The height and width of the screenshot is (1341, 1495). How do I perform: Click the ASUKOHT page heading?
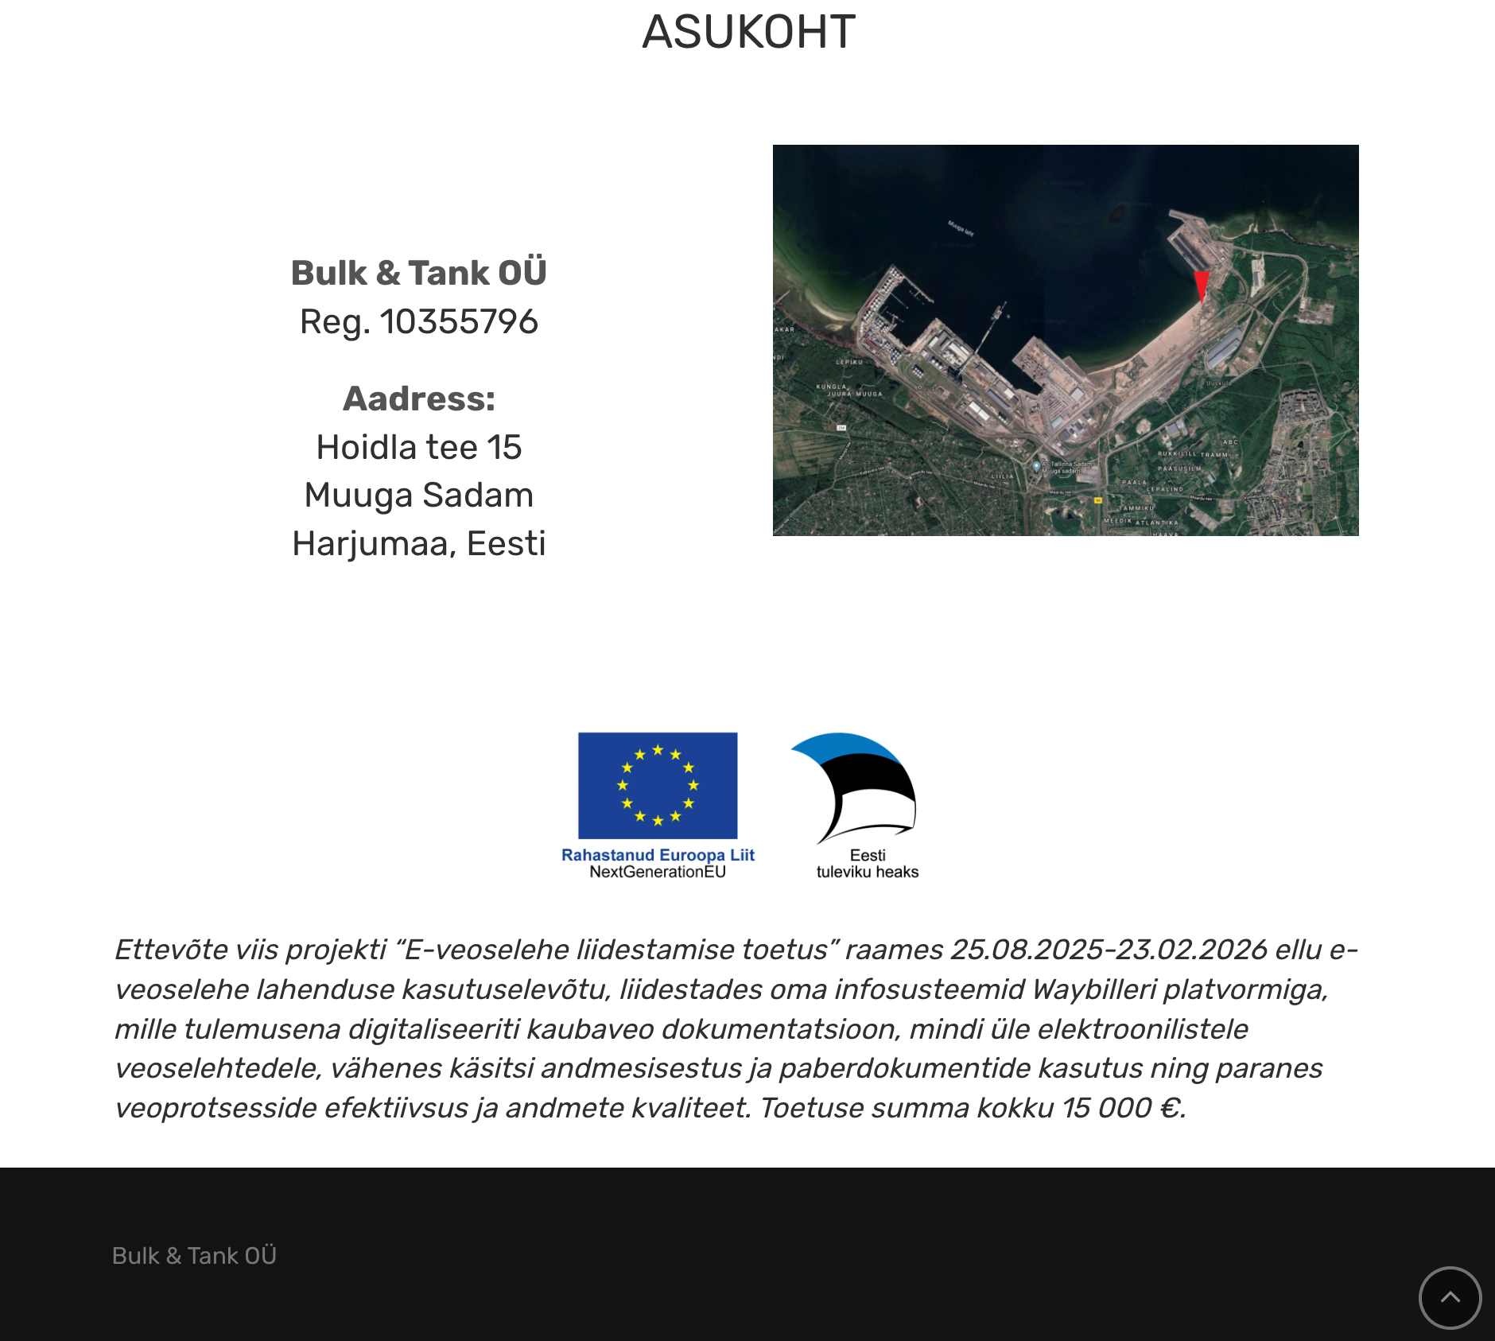pos(748,33)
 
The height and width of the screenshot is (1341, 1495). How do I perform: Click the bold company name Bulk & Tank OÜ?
pos(419,273)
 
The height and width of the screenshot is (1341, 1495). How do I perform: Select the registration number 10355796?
pos(459,322)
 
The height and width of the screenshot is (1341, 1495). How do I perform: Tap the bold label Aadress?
pos(419,399)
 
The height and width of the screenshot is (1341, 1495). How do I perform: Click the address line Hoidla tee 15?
pos(419,448)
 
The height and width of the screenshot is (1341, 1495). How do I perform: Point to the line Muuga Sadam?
pos(419,496)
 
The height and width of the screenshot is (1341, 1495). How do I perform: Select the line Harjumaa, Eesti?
pos(419,544)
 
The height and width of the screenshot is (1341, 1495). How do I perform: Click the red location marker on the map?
pos(1201,285)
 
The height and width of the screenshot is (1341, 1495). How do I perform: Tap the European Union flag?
pos(658,785)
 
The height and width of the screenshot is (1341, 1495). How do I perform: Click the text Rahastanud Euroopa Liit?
pos(658,855)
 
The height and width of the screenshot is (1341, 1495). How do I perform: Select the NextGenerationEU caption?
pos(658,873)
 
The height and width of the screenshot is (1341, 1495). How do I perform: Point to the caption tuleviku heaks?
pos(868,873)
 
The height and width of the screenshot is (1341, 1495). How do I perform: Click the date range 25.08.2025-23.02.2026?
pos(1109,950)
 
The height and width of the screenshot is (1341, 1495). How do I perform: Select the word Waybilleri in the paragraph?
pos(1094,989)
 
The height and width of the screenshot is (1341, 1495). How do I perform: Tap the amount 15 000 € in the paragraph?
pos(1122,1108)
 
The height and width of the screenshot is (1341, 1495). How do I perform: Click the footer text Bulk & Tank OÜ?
pos(194,1256)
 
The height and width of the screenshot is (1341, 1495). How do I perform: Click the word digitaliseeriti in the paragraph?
pos(433,1029)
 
